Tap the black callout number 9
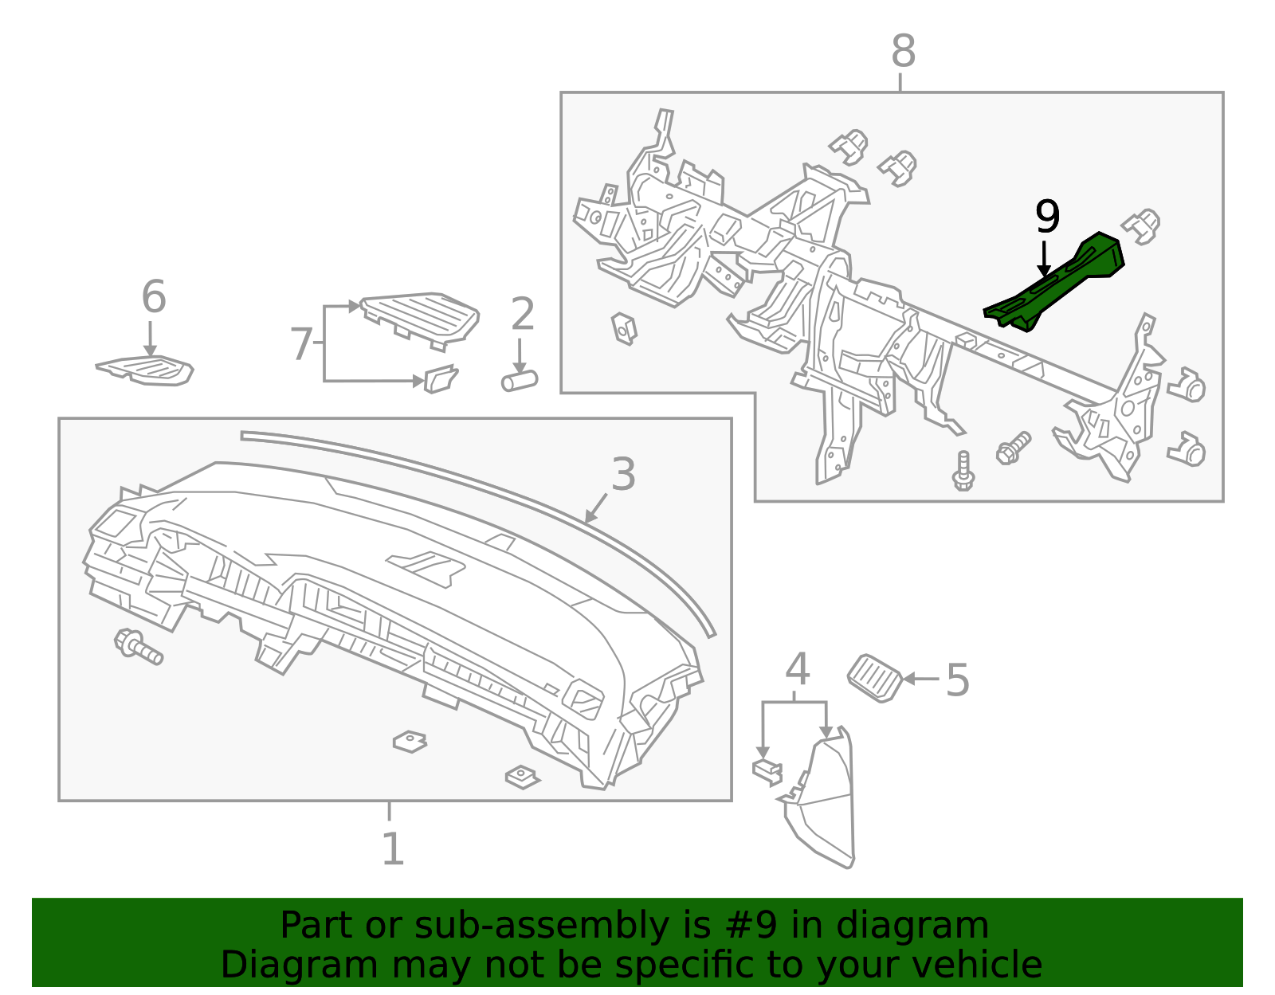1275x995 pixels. point(1047,217)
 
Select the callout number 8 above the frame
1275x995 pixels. point(903,52)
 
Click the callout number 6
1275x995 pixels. point(153,297)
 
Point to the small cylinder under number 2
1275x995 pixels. point(520,381)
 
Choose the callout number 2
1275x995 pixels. point(522,314)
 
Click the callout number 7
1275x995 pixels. point(300,345)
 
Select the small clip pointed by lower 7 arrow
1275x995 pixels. point(441,379)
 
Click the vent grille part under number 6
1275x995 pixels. point(147,370)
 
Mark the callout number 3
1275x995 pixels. point(622,475)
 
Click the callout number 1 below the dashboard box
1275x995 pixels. point(392,849)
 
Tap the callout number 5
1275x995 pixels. point(957,681)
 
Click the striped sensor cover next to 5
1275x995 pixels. point(875,678)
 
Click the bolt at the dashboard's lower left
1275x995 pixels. point(138,645)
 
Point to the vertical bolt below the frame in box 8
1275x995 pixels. point(963,471)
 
